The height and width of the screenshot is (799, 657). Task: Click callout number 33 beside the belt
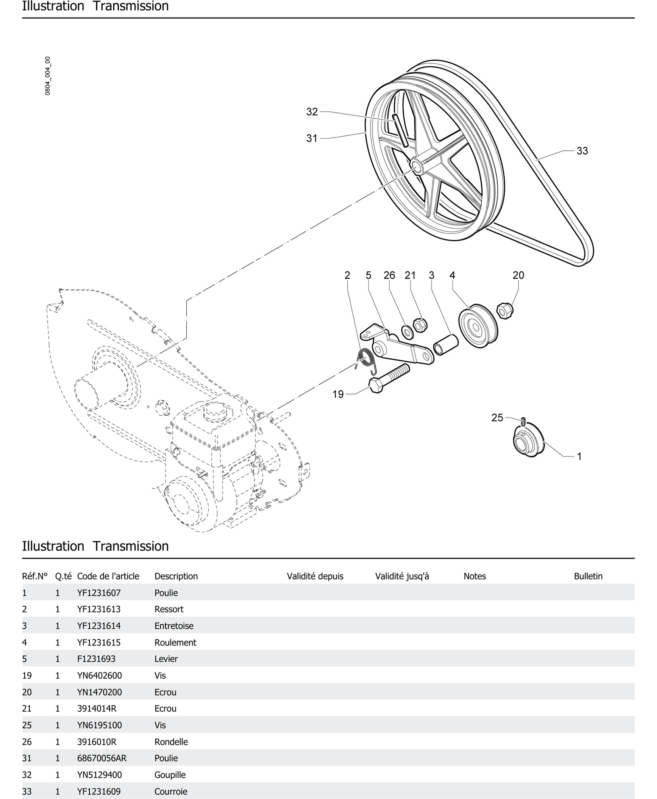pos(582,151)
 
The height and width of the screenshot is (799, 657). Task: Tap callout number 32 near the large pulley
pos(312,112)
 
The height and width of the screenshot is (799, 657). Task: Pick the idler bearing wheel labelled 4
pos(478,326)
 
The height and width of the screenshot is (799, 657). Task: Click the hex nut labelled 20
pos(505,311)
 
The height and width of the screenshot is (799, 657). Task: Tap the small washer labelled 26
pos(408,332)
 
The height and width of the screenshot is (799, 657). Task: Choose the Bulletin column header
pos(588,576)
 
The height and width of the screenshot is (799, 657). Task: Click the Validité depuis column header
pos(315,576)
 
